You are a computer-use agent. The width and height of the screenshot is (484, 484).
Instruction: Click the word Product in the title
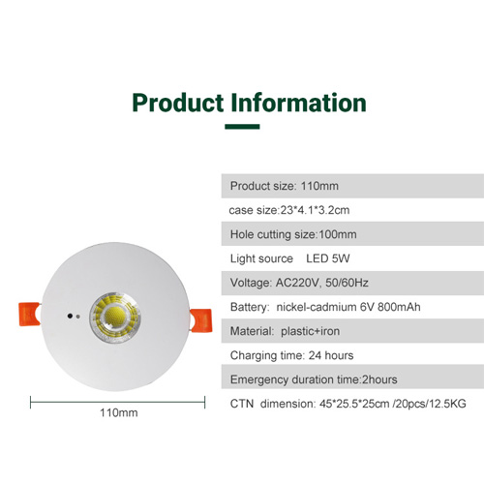pos(178,103)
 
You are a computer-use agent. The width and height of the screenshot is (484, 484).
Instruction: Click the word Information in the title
pos(299,103)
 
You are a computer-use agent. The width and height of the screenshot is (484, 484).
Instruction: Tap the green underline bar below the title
pos(242,127)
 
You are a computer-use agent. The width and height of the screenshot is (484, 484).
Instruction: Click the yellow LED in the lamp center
pos(115,316)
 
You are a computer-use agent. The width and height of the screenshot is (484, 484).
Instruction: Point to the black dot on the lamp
pos(70,316)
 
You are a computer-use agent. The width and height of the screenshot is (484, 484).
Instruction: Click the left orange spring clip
pos(29,314)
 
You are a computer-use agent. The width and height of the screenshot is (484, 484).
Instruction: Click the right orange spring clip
pos(201,320)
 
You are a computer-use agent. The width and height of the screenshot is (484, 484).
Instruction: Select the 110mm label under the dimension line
pos(119,412)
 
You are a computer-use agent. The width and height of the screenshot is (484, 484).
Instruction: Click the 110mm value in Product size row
pos(319,186)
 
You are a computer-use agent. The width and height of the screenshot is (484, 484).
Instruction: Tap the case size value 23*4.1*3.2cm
pos(315,210)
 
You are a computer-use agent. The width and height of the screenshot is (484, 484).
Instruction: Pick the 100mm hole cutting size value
pos(338,234)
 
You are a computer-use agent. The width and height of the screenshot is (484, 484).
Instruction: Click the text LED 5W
pos(328,258)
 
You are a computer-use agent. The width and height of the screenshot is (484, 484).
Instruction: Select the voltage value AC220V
pos(297,283)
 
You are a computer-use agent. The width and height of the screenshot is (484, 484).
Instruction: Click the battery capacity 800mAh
pos(399,307)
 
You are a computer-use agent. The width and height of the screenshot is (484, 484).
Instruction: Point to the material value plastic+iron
pos(311,331)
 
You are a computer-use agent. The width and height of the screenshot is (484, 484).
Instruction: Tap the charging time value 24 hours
pos(331,355)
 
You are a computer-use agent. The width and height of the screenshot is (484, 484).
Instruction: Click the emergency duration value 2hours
pos(379,379)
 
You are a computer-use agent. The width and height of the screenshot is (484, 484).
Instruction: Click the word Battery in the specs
pos(250,307)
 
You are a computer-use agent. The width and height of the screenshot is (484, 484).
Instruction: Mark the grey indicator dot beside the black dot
pos(77,317)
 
